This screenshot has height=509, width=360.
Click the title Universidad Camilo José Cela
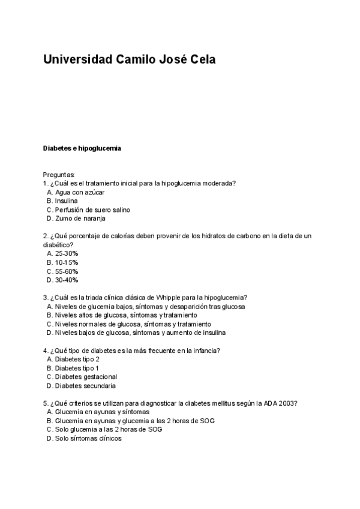(x=129, y=60)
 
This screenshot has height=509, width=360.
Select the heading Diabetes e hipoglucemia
(x=82, y=148)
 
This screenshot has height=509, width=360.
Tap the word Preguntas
(x=59, y=175)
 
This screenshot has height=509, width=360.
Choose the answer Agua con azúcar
(x=79, y=192)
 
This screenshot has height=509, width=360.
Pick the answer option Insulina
(x=66, y=201)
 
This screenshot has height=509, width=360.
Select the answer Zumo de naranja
(x=80, y=218)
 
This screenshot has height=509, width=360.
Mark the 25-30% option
(x=66, y=254)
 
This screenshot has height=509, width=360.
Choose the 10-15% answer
(x=66, y=262)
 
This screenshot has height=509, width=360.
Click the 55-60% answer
(x=66, y=271)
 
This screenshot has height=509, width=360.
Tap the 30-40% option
(x=66, y=280)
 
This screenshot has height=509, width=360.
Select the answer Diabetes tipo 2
(x=77, y=359)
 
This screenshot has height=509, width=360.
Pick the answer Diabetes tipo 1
(x=77, y=368)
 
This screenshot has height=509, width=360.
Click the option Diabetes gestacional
(x=86, y=376)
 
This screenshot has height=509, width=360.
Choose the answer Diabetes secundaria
(x=85, y=385)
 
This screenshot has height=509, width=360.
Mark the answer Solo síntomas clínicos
(x=88, y=438)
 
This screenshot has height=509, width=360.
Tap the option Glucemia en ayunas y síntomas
(x=102, y=412)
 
